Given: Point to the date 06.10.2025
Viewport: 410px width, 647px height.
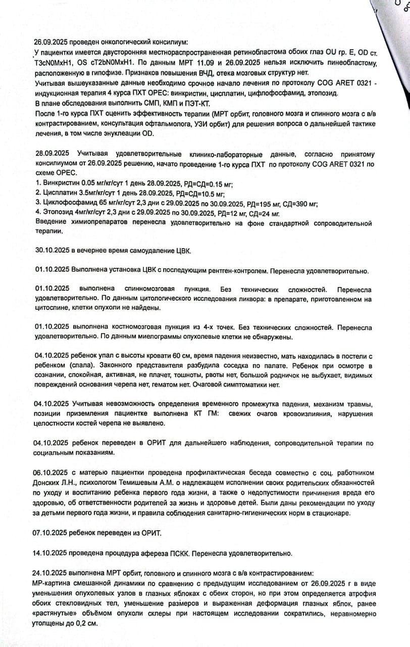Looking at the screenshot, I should click(x=51, y=473).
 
